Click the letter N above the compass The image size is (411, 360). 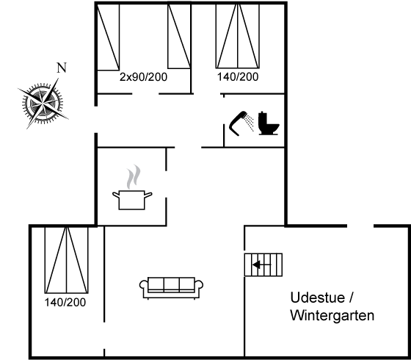[62, 68]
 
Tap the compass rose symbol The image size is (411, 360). [43, 103]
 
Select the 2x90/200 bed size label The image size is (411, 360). [143, 77]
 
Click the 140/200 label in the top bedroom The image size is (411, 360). [238, 76]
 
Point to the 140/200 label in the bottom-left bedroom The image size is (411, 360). [65, 302]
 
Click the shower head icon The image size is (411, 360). [241, 123]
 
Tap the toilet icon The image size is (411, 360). [269, 123]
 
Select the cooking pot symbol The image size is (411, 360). [132, 200]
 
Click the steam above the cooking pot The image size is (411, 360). [134, 176]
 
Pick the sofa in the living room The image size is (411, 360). [171, 288]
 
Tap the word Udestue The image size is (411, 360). [317, 298]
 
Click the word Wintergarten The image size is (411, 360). [332, 315]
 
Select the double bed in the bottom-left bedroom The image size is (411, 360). [67, 260]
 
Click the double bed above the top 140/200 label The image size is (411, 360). [238, 36]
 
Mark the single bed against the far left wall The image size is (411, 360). [109, 37]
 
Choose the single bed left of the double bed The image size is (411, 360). [179, 36]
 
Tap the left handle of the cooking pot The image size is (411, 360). [116, 195]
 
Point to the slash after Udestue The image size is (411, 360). [352, 298]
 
